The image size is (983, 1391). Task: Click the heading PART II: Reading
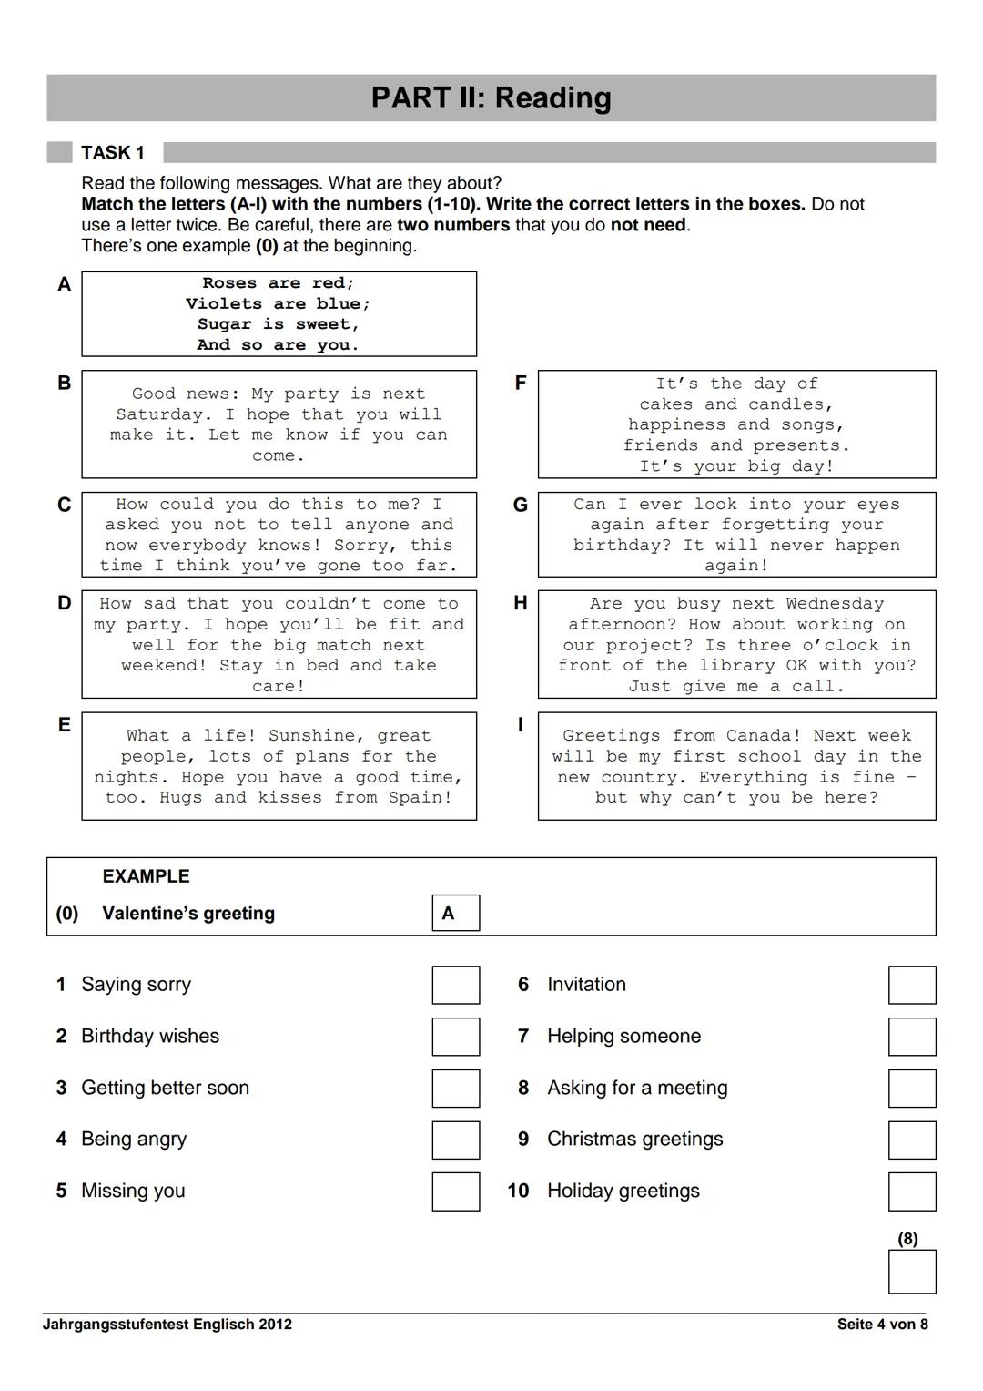pyautogui.click(x=491, y=97)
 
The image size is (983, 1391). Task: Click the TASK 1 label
pyautogui.click(x=113, y=152)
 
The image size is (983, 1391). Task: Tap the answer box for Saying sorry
pyautogui.click(x=455, y=985)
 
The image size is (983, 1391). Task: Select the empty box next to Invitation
pyautogui.click(x=911, y=985)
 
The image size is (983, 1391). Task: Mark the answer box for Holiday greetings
pyautogui.click(x=911, y=1192)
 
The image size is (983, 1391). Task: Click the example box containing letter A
pyautogui.click(x=455, y=913)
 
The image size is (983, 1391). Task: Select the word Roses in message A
pyautogui.click(x=229, y=283)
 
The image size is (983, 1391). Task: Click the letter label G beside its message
pyautogui.click(x=521, y=505)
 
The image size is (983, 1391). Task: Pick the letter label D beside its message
pyautogui.click(x=64, y=603)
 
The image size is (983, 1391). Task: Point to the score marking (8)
pyautogui.click(x=907, y=1239)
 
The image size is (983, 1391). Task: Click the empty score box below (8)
pyautogui.click(x=911, y=1272)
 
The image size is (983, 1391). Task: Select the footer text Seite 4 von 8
pyautogui.click(x=881, y=1324)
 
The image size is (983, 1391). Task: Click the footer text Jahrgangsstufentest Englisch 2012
pyautogui.click(x=167, y=1324)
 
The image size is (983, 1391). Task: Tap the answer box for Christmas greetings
pyautogui.click(x=911, y=1140)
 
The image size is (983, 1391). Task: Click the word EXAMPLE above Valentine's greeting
pyautogui.click(x=146, y=876)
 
